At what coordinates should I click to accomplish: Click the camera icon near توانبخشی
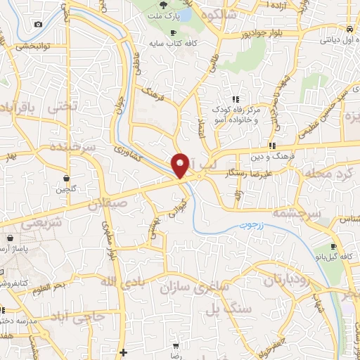(37, 25)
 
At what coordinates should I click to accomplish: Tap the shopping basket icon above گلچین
(66, 179)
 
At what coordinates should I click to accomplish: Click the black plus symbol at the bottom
(124, 352)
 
